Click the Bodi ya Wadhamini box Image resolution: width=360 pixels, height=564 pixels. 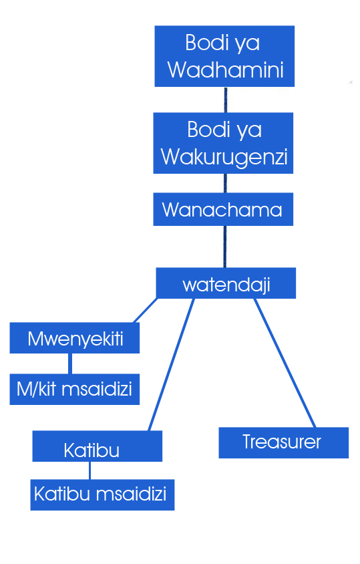tap(224, 56)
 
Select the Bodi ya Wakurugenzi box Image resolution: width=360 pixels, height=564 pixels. tap(223, 143)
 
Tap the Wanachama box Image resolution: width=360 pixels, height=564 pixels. tap(223, 209)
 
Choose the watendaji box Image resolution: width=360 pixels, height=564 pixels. tap(226, 283)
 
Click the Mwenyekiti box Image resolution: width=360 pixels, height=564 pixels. tap(74, 337)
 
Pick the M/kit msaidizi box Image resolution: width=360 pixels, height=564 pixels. tap(74, 389)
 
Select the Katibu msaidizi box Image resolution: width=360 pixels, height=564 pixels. tap(102, 495)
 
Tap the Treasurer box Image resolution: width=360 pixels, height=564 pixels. tap(284, 443)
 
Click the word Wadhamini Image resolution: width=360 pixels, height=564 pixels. tap(226, 69)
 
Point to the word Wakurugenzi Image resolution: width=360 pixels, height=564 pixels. tap(224, 158)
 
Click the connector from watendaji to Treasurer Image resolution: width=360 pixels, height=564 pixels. tap(285, 363)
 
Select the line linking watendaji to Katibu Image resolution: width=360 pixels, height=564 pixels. tap(171, 365)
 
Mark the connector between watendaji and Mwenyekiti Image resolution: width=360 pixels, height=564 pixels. tap(146, 310)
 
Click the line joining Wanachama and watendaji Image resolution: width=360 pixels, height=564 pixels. tap(225, 247)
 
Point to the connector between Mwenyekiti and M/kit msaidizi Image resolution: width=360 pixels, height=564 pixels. tap(69, 364)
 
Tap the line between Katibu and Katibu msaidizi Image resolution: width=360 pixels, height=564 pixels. tap(89, 470)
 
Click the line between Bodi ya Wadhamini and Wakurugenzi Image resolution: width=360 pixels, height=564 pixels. tap(226, 100)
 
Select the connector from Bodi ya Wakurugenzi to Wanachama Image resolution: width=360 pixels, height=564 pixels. tap(225, 183)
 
